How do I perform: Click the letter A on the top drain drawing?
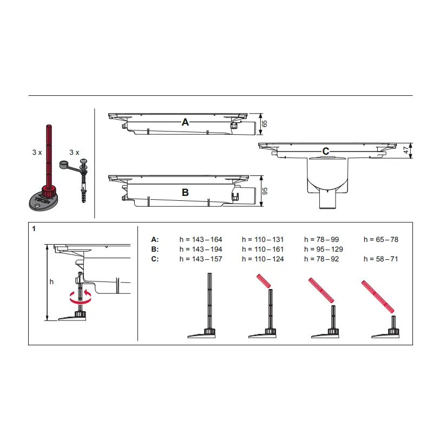[185, 122]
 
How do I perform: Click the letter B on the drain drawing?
[185, 193]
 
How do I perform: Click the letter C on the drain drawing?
[326, 152]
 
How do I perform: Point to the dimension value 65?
[265, 124]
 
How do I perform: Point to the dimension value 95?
[265, 191]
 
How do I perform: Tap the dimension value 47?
[405, 150]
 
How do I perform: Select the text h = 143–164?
[201, 239]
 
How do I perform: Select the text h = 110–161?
[263, 250]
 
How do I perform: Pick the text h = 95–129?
[323, 250]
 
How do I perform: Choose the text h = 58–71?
[381, 259]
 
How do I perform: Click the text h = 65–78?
[381, 239]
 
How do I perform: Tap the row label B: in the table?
[155, 250]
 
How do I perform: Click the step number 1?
[34, 228]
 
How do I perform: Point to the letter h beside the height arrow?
[51, 281]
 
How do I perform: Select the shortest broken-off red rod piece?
[264, 281]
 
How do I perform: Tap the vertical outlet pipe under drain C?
[327, 200]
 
